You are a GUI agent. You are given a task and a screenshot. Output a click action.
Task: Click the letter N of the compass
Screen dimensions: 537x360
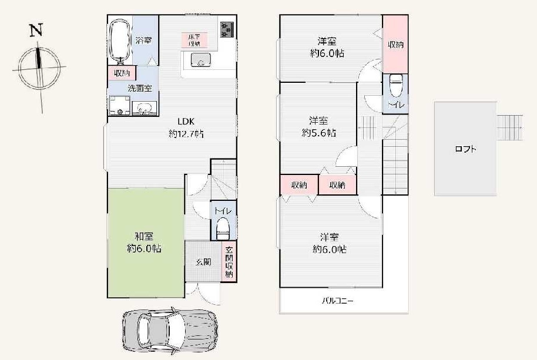pyautogui.click(x=36, y=30)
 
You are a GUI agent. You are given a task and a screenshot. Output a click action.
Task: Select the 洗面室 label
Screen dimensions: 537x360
pyautogui.click(x=140, y=88)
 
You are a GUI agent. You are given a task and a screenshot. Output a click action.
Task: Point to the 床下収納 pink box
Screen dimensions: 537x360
pyautogui.click(x=195, y=40)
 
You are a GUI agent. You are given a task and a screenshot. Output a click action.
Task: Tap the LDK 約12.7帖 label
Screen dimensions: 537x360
pyautogui.click(x=186, y=127)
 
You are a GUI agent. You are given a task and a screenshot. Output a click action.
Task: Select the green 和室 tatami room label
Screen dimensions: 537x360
pyautogui.click(x=144, y=243)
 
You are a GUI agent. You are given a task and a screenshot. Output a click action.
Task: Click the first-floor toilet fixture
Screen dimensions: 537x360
pyautogui.click(x=223, y=229)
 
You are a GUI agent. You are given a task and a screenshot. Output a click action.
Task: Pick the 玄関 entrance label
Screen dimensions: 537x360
pyautogui.click(x=203, y=262)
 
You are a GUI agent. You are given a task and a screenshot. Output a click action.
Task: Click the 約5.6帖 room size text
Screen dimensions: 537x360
pyautogui.click(x=319, y=133)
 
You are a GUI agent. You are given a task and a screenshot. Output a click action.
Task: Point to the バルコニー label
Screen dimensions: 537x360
pyautogui.click(x=338, y=301)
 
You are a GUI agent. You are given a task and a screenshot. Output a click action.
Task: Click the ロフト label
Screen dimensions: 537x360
pyautogui.click(x=465, y=149)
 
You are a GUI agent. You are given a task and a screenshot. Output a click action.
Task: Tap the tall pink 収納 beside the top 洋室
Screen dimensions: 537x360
pyautogui.click(x=395, y=44)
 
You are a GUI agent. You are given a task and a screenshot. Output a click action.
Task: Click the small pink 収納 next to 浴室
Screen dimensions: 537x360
pyautogui.click(x=122, y=73)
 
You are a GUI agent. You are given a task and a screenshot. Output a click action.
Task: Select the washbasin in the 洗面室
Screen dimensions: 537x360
pyautogui.click(x=144, y=108)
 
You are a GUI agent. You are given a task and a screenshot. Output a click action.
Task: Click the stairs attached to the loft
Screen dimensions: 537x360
pyautogui.click(x=509, y=127)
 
